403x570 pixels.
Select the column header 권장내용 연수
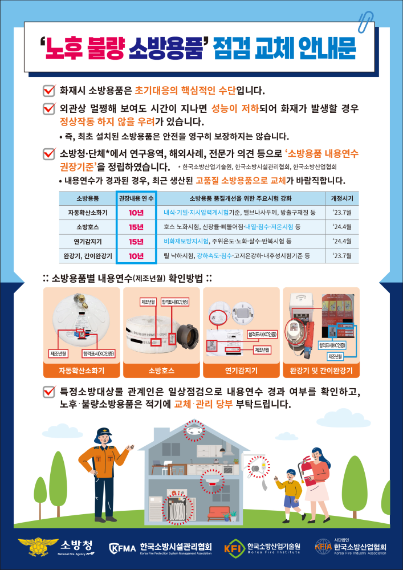coord(136,199)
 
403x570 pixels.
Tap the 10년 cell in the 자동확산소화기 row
coord(136,213)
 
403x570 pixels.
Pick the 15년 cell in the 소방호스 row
coord(136,227)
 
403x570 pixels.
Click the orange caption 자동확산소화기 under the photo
coord(82,370)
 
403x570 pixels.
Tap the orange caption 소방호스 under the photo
coord(161,370)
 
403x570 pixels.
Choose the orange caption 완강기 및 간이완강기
coord(321,370)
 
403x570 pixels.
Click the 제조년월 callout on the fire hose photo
coord(149,301)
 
